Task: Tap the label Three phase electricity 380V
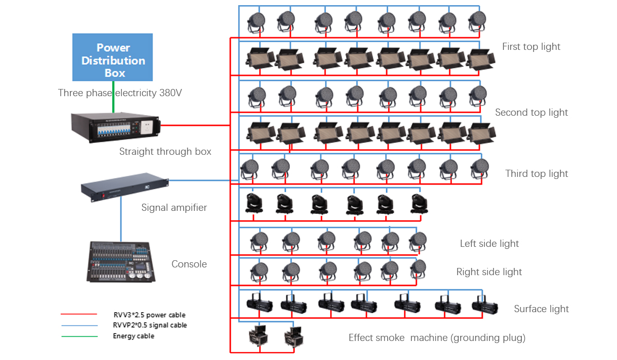click(120, 93)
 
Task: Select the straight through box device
click(118, 127)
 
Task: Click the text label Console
click(189, 264)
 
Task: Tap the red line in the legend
click(79, 314)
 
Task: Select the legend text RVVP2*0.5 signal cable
click(150, 325)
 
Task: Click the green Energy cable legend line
click(79, 336)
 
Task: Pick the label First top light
click(531, 47)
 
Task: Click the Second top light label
click(531, 113)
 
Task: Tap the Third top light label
click(536, 174)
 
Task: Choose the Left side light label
click(489, 244)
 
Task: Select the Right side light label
click(489, 272)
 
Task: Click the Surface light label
click(541, 309)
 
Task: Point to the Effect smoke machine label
click(437, 338)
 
